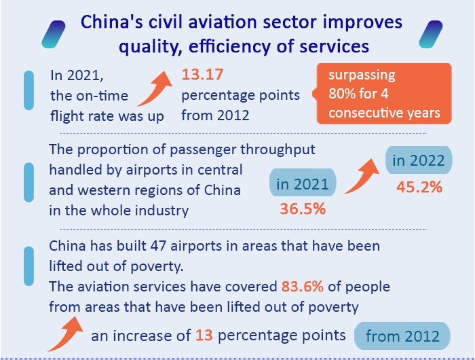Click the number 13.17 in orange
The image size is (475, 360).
pyautogui.click(x=202, y=75)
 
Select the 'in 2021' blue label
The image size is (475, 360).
pyautogui.click(x=303, y=183)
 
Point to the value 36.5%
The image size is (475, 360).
pyautogui.click(x=303, y=209)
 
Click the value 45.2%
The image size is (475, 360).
pyautogui.click(x=419, y=187)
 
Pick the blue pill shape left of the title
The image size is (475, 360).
pyautogui.click(x=54, y=33)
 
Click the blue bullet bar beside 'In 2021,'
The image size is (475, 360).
pyautogui.click(x=28, y=90)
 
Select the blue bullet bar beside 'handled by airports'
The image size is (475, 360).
pyautogui.click(x=28, y=182)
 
